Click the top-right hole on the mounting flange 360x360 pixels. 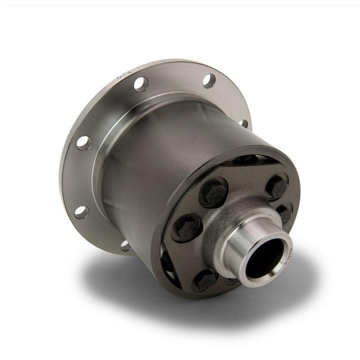point(209,81)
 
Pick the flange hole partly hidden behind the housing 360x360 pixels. point(243,123)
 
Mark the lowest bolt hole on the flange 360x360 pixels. point(126,246)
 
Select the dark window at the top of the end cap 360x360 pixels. point(246,159)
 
